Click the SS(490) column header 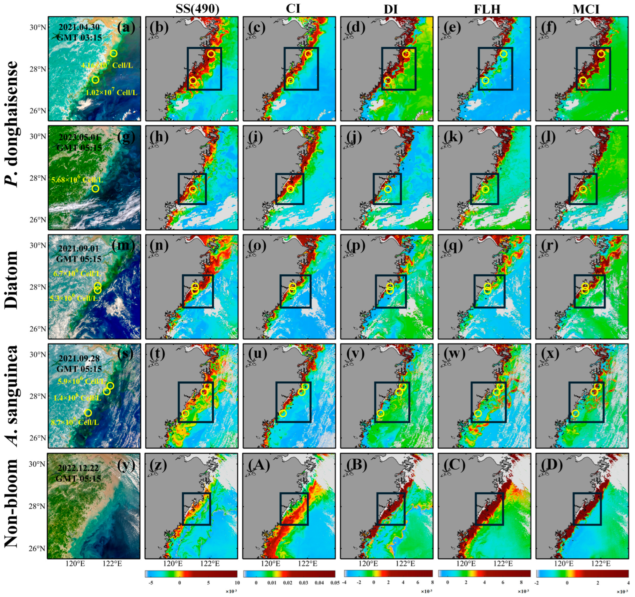point(198,9)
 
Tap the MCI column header point(586,9)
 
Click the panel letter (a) point(126,27)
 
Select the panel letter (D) point(552,465)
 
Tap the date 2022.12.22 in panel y point(78,468)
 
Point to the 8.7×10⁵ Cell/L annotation point(75,422)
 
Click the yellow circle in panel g point(95,189)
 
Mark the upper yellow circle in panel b point(211,54)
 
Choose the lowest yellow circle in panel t point(185,413)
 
